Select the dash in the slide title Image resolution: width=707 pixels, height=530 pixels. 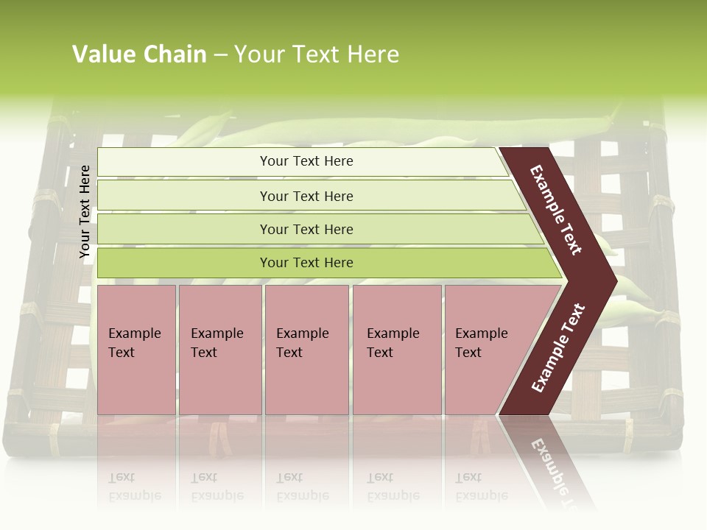(x=220, y=55)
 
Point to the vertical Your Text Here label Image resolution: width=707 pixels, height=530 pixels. (x=85, y=211)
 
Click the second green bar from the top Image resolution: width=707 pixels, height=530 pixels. (x=306, y=196)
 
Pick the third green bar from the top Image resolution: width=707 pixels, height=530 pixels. (x=306, y=229)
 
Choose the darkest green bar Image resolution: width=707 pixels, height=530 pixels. (x=306, y=263)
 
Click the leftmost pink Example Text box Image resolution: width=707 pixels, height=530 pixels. (x=136, y=350)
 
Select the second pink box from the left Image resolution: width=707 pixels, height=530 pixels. (x=220, y=350)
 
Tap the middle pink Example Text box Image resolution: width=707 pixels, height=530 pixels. (x=306, y=350)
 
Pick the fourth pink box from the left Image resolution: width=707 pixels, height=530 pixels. (x=397, y=350)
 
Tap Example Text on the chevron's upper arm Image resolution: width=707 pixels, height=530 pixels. (x=556, y=210)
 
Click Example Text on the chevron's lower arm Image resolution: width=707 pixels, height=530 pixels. (x=558, y=347)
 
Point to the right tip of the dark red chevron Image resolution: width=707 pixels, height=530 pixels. (x=615, y=280)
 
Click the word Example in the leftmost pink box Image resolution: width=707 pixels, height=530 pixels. (x=134, y=333)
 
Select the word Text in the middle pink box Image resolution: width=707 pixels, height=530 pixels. (x=289, y=353)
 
